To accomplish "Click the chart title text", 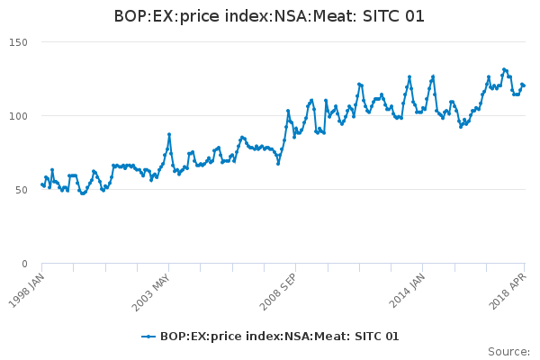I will tap(269, 16).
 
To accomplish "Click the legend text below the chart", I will tap(279, 337).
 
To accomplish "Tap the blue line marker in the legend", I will tap(148, 337).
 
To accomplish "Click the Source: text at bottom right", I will tap(508, 351).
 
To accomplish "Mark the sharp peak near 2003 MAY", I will tap(168, 135).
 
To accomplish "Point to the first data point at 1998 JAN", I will tap(42, 184).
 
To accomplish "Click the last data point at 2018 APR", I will tap(524, 85).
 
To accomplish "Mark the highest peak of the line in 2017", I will tap(504, 69).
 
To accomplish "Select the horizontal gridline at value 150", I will tap(270, 42).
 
